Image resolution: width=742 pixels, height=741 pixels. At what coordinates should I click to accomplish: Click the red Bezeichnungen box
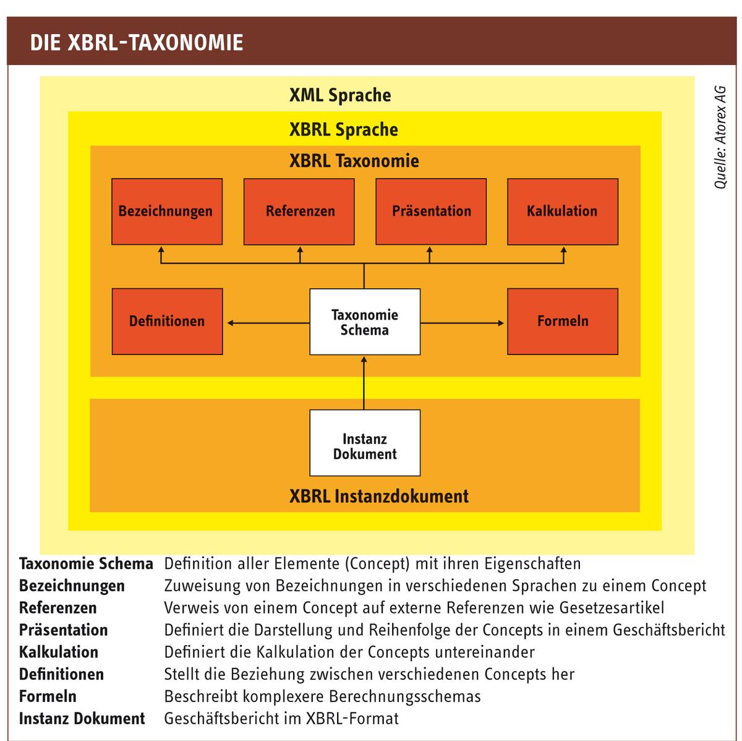(x=167, y=211)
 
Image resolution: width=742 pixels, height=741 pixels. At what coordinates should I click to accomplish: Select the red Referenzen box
(x=299, y=211)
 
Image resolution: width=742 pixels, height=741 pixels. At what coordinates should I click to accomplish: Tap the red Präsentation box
(x=431, y=211)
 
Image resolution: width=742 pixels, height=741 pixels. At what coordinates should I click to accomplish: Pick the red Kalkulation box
(x=563, y=211)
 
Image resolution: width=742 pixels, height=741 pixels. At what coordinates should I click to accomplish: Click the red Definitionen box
(x=167, y=322)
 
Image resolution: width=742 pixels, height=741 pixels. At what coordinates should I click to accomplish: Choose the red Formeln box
(x=563, y=322)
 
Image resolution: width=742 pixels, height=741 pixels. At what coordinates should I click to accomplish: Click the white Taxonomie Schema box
(x=365, y=322)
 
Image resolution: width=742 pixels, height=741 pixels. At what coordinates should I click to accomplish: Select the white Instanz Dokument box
(x=365, y=442)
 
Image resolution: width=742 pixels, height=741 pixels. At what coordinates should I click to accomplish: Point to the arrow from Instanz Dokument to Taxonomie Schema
(x=364, y=383)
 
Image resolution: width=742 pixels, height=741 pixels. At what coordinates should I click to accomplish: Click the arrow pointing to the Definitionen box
(x=268, y=323)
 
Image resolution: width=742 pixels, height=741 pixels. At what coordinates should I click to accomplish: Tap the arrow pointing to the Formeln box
(x=462, y=323)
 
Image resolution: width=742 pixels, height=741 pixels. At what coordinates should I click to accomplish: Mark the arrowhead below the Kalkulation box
(x=563, y=250)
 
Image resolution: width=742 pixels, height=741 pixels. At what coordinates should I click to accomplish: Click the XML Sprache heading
(x=340, y=95)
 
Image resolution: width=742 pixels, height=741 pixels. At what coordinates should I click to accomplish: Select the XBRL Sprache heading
(x=343, y=129)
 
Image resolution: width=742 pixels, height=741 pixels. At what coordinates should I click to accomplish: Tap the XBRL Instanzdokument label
(x=379, y=496)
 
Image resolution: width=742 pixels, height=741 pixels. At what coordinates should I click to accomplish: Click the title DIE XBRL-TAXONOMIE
(x=137, y=42)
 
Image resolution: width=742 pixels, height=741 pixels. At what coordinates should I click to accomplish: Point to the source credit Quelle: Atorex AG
(x=719, y=137)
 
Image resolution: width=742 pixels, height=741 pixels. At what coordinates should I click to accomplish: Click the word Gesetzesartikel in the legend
(x=612, y=607)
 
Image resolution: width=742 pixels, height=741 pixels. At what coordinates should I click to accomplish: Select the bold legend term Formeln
(x=48, y=696)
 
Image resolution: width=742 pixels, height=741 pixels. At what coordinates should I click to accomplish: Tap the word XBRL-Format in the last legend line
(x=352, y=718)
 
